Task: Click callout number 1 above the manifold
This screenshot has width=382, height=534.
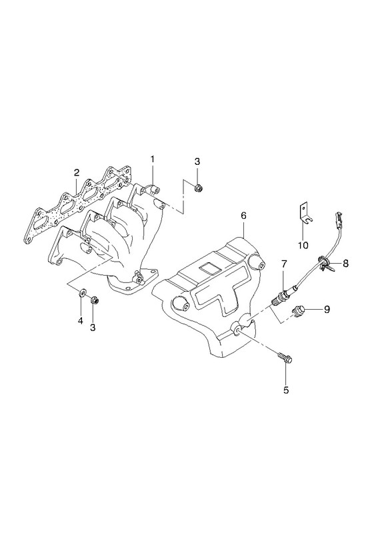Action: point(153,159)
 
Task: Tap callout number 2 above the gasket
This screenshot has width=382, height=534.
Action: point(77,173)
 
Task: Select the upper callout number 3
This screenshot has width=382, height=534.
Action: point(197,162)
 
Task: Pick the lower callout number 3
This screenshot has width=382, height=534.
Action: point(93,327)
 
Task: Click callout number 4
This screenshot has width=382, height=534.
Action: point(81,321)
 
